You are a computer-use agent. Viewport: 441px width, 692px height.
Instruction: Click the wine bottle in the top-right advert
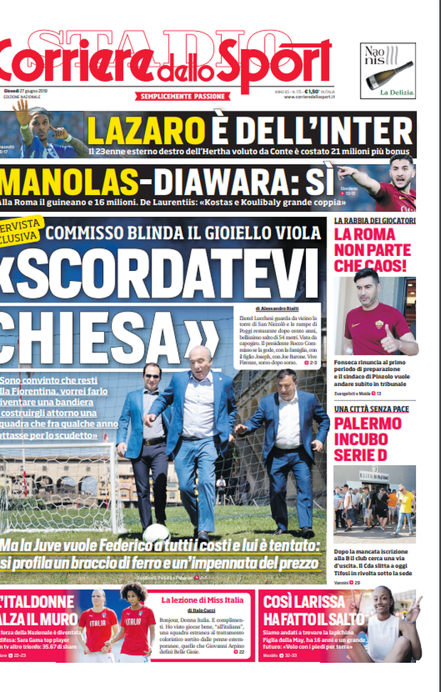pos(389,75)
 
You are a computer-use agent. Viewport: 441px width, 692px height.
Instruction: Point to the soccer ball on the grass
pos(156,532)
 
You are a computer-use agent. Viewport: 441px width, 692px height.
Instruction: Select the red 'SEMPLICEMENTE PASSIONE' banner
pos(183,96)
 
